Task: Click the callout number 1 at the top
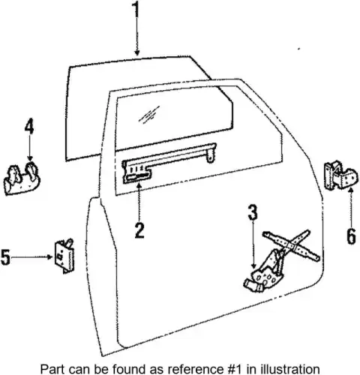[136, 10]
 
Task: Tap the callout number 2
[139, 229]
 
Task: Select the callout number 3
[253, 212]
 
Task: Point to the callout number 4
[29, 127]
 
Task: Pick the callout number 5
[5, 256]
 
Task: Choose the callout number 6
[351, 236]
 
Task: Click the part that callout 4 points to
[22, 178]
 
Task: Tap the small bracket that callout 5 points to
[64, 256]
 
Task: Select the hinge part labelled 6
[341, 175]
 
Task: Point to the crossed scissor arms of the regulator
[291, 245]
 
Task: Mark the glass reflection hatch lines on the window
[149, 115]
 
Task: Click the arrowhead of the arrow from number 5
[50, 256]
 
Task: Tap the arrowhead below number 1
[136, 52]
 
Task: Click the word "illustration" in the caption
[290, 369]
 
